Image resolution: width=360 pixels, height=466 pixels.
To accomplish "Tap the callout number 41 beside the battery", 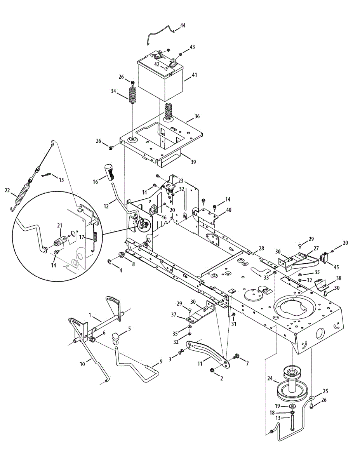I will pyautogui.click(x=194, y=75).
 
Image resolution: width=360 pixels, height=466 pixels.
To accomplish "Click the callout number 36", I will pyautogui.click(x=197, y=116).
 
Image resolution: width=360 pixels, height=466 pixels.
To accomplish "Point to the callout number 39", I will pyautogui.click(x=193, y=162).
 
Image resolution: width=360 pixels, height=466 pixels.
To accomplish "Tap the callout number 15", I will pyautogui.click(x=61, y=180).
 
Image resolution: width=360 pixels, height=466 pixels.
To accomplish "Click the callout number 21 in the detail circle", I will pyautogui.click(x=59, y=225).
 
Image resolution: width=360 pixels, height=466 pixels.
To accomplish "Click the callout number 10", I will pyautogui.click(x=82, y=364).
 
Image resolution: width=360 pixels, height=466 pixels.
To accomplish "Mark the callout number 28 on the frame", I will pyautogui.click(x=261, y=248).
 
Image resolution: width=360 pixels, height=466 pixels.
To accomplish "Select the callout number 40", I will pyautogui.click(x=229, y=210).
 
